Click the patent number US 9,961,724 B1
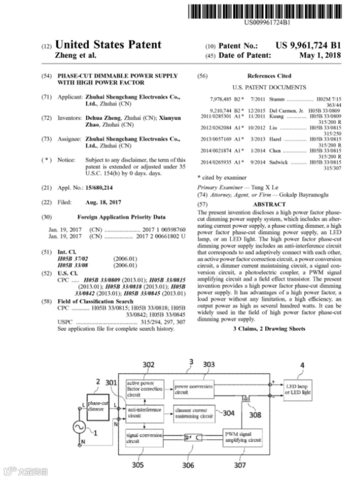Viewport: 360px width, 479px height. tap(308, 46)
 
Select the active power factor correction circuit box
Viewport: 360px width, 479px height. tap(145, 388)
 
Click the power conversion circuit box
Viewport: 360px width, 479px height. tap(193, 388)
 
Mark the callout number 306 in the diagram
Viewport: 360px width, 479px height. tap(188, 465)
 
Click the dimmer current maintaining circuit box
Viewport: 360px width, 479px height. tap(193, 413)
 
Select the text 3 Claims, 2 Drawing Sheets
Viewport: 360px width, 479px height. tap(269, 329)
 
